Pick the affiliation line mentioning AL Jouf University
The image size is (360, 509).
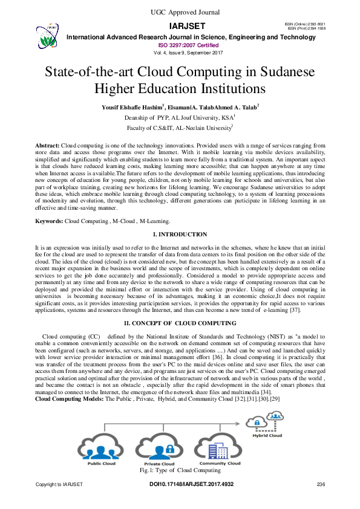(x=179, y=117)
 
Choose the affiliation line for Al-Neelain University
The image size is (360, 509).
(x=179, y=128)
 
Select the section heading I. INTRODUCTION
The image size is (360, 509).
(x=180, y=234)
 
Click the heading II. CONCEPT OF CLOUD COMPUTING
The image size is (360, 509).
(x=180, y=323)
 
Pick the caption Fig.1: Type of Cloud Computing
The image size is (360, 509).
(x=179, y=470)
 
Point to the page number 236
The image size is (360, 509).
(x=321, y=485)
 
